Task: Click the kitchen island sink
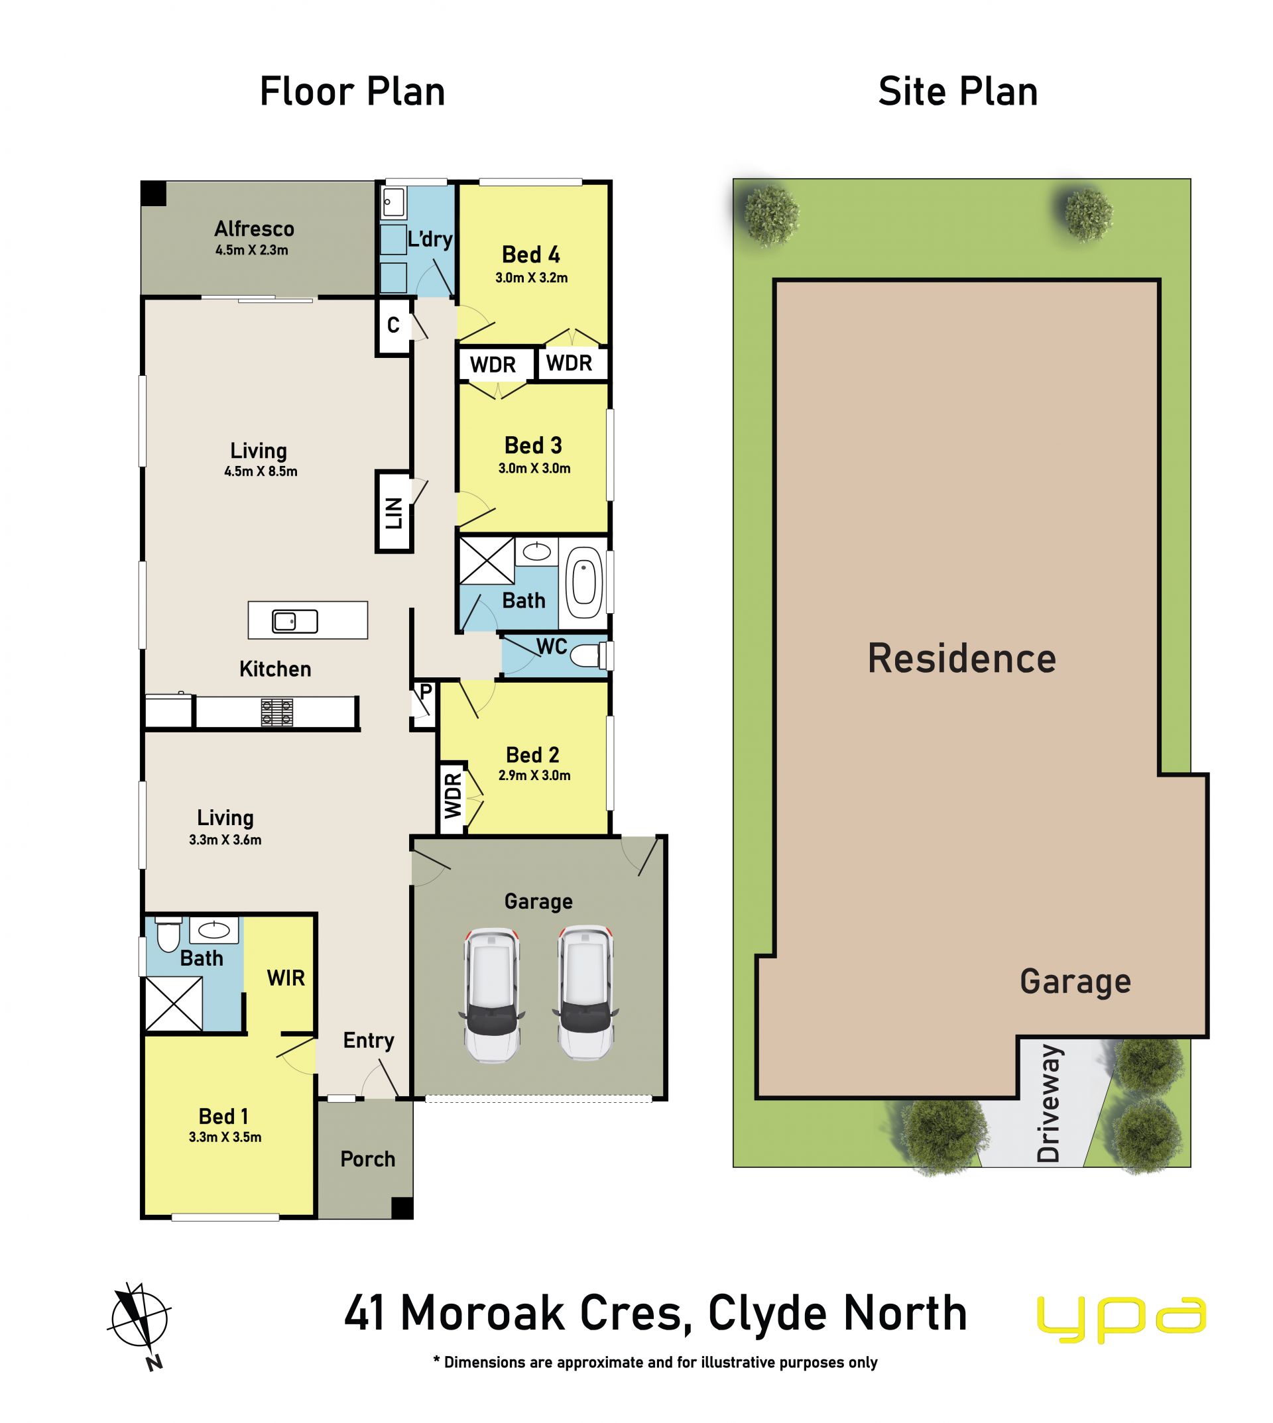pos(294,621)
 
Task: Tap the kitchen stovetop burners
pos(277,712)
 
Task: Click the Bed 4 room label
pos(531,255)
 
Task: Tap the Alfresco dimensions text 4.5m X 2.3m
pos(252,251)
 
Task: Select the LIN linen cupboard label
pos(394,513)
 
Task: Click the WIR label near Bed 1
pos(285,978)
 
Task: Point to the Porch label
pos(368,1159)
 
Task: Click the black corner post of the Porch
pos(402,1208)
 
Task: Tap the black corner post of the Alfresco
pos(154,194)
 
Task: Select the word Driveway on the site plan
pos(1049,1104)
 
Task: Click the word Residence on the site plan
pos(962,659)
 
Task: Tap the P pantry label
pos(425,691)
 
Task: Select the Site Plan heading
pos(957,91)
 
